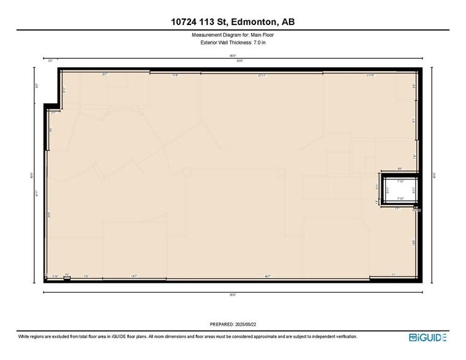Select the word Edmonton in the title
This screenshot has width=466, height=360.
point(252,22)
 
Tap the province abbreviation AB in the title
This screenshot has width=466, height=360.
point(288,22)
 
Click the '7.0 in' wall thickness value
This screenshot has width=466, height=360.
point(259,42)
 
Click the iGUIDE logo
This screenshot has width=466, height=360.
point(427,337)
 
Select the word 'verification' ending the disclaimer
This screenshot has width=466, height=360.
point(345,337)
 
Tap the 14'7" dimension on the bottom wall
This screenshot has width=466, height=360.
point(133,276)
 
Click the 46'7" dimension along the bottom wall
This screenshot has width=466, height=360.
point(268,276)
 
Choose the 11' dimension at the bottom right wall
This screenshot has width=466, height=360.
point(394,274)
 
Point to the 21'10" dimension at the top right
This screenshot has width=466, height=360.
point(370,75)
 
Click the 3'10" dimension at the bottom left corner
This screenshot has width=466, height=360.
point(55,276)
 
